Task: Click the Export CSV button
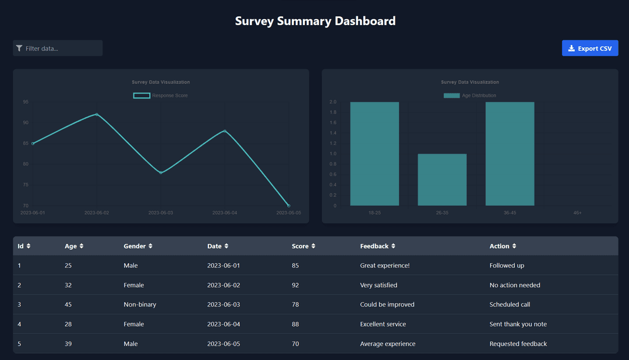590,48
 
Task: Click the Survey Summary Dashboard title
315,21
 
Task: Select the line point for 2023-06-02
97,114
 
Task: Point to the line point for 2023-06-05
289,206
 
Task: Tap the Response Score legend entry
161,96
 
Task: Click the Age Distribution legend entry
470,96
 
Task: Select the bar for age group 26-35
442,179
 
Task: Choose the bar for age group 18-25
374,154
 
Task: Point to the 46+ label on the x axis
577,213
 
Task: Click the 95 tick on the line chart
26,102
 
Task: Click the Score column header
300,246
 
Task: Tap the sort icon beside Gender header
151,246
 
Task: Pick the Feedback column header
374,246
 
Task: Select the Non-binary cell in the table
140,305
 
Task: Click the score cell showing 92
295,285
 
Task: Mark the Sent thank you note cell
518,324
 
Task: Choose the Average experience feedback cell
387,344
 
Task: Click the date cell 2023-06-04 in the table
223,324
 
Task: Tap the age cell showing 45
69,305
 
